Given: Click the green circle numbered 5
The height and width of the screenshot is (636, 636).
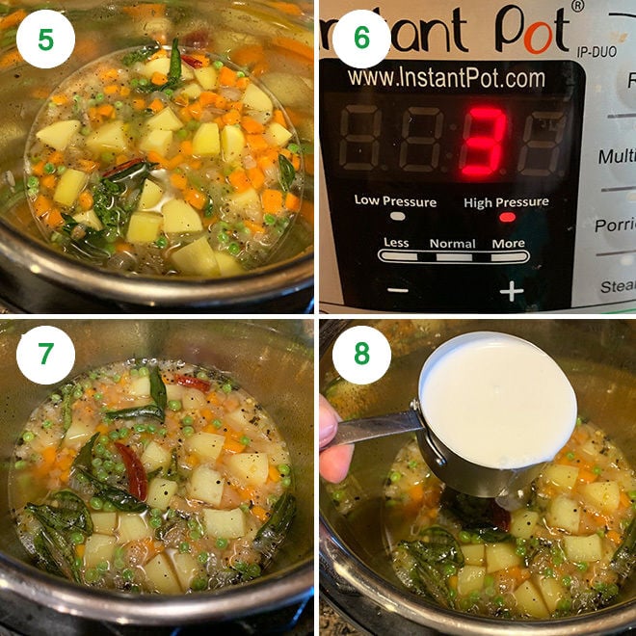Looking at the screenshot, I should (45, 39).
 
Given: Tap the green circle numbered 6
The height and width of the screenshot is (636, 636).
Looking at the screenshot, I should (361, 39).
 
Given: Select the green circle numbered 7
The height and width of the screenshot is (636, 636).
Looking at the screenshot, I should (45, 355).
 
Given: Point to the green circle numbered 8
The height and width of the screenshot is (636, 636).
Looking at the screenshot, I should (361, 355).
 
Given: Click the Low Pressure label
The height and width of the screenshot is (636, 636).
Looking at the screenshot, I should (395, 201).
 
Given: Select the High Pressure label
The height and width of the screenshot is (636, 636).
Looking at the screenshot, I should (506, 201).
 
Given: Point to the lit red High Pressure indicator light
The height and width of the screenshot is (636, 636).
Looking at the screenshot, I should (507, 218).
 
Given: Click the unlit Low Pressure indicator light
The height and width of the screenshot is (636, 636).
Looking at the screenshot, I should (396, 218).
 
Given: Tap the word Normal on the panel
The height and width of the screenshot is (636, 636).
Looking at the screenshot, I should (452, 244).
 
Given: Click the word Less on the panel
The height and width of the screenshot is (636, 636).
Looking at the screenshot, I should (396, 243).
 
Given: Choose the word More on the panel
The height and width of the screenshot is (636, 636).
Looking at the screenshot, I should (508, 244).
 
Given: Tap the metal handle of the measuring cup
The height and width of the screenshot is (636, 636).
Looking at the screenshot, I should (376, 428).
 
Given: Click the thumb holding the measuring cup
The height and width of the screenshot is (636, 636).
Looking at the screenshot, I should (333, 443).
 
